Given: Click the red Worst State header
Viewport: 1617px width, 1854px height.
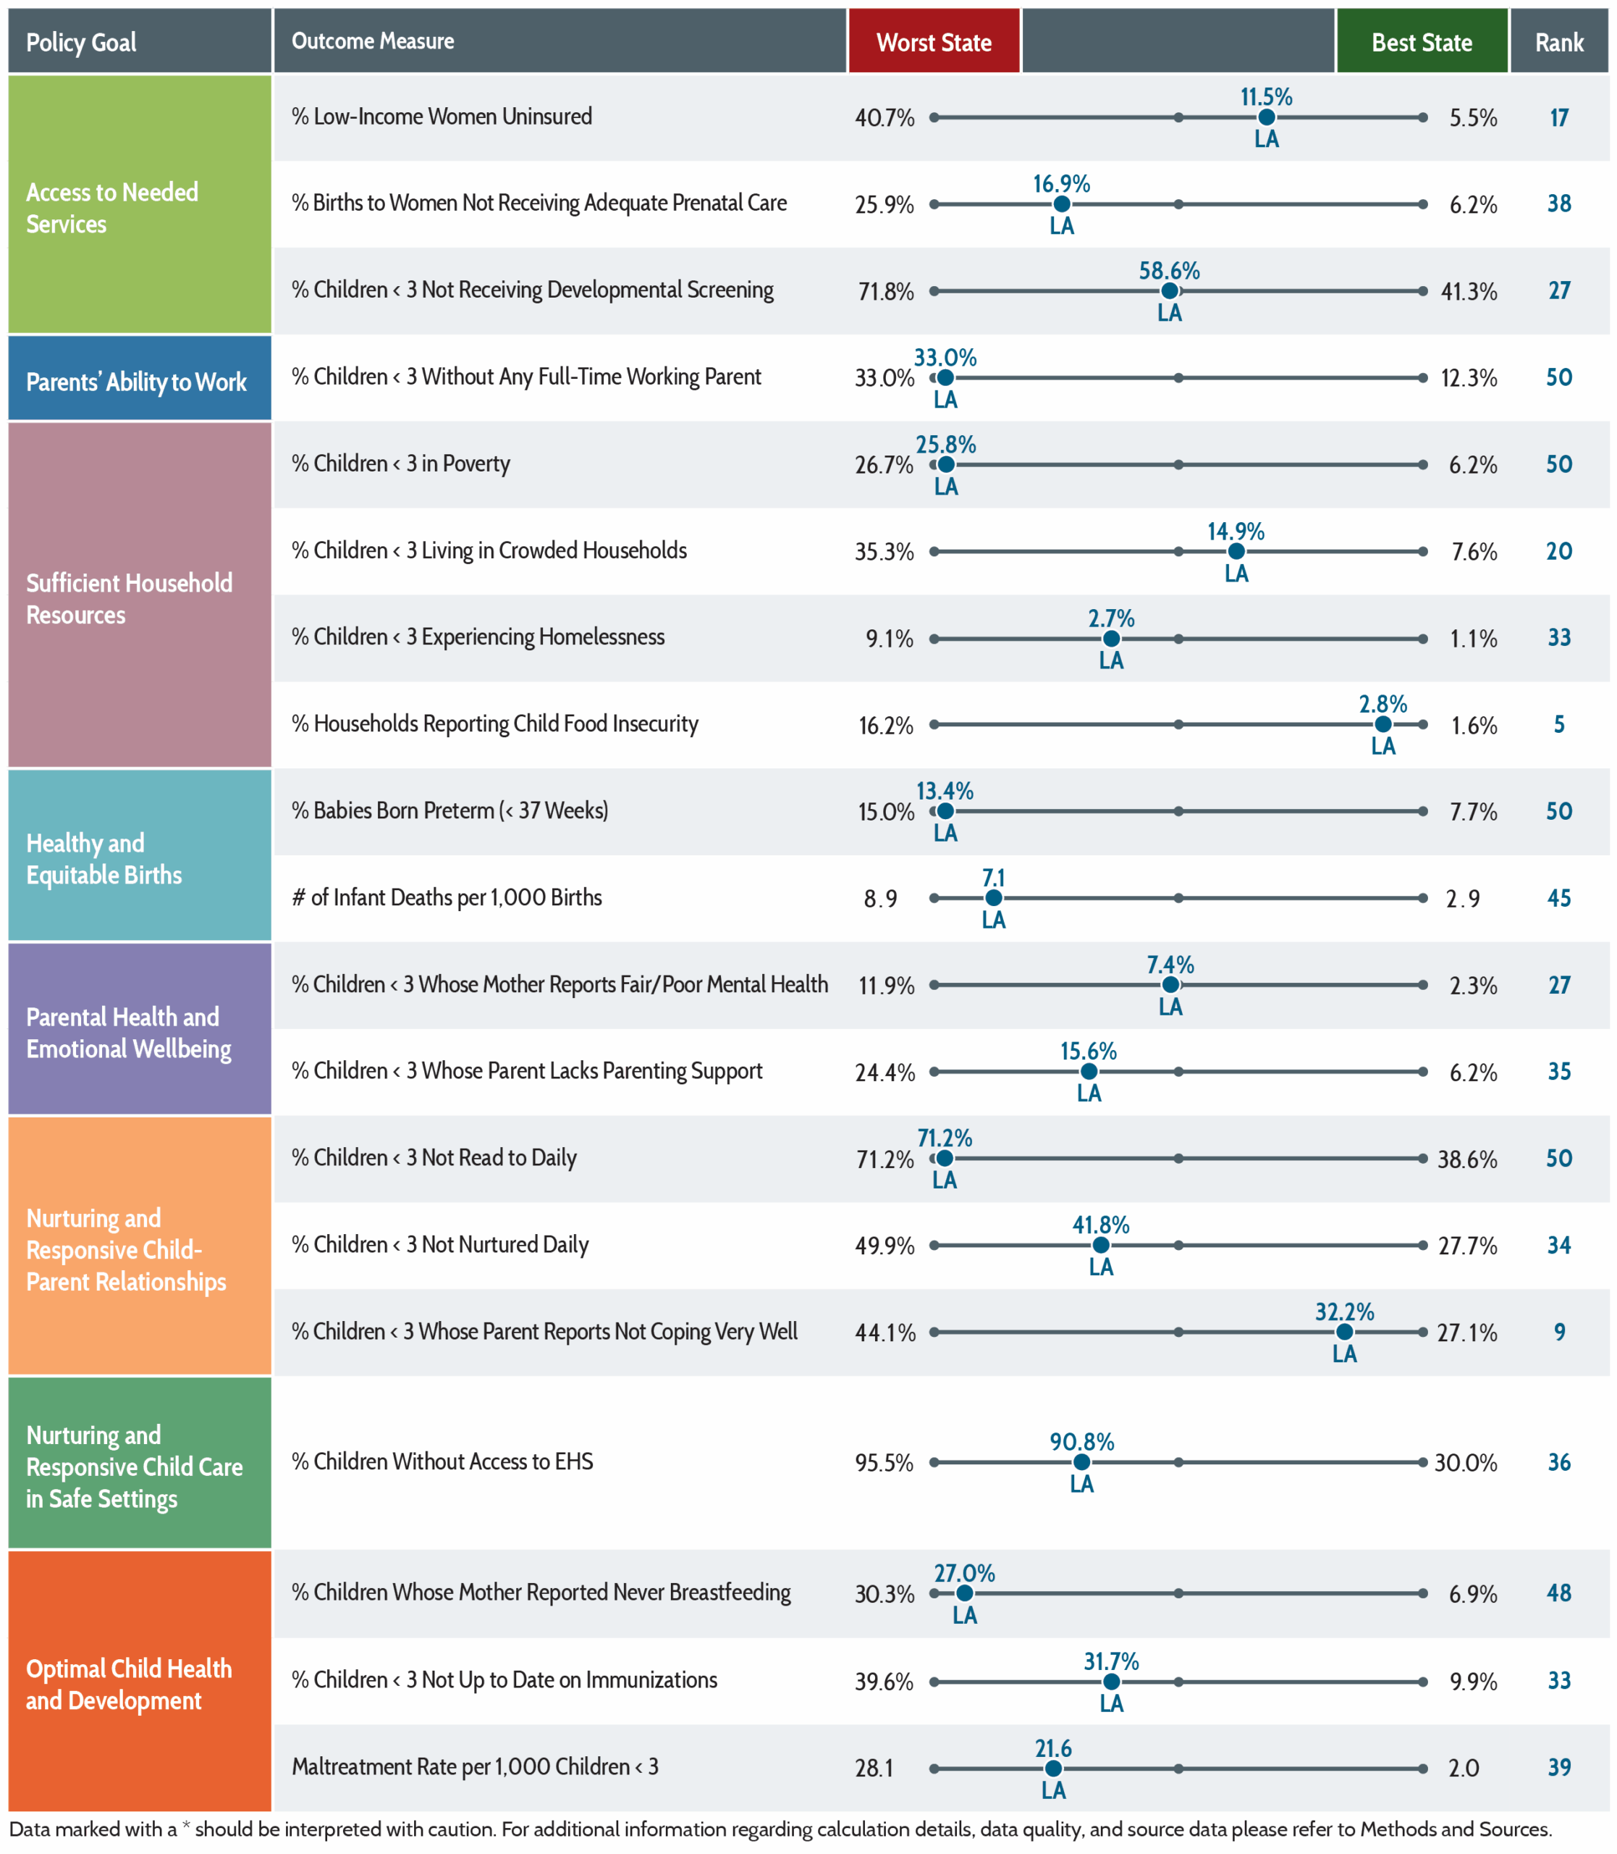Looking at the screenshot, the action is (x=934, y=41).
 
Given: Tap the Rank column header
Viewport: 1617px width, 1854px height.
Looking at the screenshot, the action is (x=1559, y=41).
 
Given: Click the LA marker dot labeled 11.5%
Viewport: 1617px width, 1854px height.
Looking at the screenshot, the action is (x=1266, y=117).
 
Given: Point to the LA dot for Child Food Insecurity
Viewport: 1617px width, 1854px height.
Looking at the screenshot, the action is (x=1382, y=725).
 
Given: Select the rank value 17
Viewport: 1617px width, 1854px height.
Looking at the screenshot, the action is (x=1559, y=117).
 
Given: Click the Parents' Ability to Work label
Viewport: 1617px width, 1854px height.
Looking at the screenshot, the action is (x=136, y=382).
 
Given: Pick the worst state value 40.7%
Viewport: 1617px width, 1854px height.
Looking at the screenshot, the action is (x=885, y=118).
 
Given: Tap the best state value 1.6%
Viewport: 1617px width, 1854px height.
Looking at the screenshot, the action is (x=1474, y=726).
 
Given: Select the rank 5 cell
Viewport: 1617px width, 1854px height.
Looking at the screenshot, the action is (x=1559, y=724).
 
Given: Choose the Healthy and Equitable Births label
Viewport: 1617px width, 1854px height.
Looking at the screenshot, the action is (x=104, y=858).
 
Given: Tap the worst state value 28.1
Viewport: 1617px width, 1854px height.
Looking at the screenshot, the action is (x=874, y=1767).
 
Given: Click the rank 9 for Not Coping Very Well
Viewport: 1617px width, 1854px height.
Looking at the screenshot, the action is (x=1559, y=1331).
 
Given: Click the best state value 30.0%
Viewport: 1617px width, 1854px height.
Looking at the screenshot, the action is (x=1466, y=1462).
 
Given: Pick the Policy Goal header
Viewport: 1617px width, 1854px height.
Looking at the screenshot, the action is (x=81, y=41).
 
